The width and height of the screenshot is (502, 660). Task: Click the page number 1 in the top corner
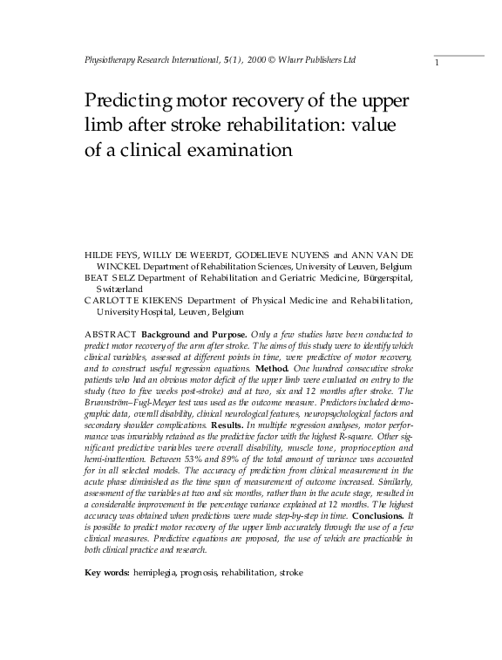pyautogui.click(x=437, y=64)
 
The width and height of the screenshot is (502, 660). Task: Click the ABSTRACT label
pyautogui.click(x=110, y=335)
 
